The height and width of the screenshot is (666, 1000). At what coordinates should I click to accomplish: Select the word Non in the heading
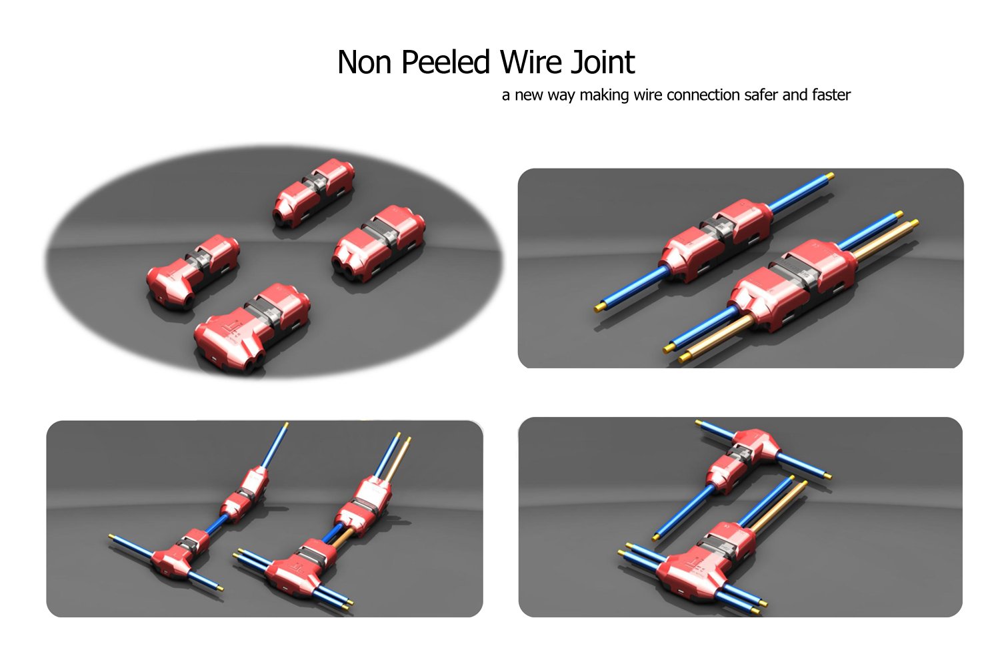(364, 63)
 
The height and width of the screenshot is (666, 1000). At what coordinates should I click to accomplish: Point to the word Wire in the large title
(531, 63)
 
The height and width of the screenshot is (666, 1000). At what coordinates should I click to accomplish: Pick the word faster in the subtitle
(831, 95)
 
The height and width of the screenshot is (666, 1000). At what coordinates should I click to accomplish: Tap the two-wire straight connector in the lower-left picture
(364, 503)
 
